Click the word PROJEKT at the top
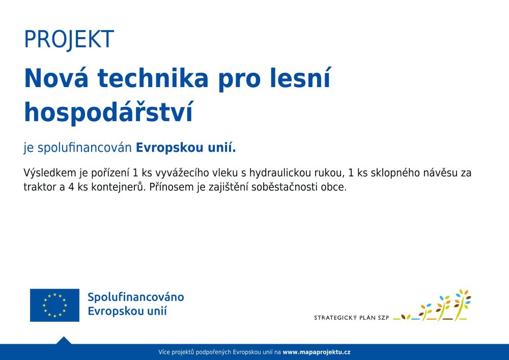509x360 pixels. (x=69, y=40)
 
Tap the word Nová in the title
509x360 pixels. (x=56, y=78)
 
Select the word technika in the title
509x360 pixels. (x=153, y=78)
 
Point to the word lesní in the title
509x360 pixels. (x=300, y=78)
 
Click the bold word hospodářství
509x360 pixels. (x=109, y=113)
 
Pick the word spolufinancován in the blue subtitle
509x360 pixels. (x=84, y=148)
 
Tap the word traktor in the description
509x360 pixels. (x=40, y=187)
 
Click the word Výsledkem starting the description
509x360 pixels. (x=50, y=173)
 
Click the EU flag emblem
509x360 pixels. (x=54, y=305)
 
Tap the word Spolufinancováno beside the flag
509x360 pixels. (x=136, y=297)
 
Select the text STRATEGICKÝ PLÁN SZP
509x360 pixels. (x=351, y=318)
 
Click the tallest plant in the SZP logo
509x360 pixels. (x=463, y=304)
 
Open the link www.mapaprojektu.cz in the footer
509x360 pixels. (x=317, y=352)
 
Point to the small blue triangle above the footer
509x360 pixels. (x=64, y=340)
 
